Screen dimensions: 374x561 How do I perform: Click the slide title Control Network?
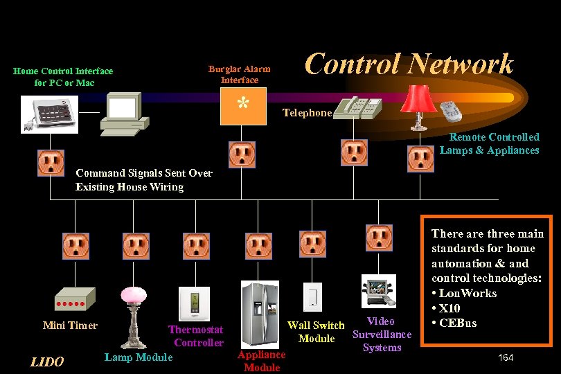pos(409,64)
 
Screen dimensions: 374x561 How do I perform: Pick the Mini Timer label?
pos(70,326)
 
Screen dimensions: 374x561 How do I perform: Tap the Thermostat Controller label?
pos(197,337)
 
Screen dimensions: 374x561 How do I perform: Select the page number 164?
pos(506,357)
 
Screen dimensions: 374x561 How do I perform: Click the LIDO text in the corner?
pos(47,362)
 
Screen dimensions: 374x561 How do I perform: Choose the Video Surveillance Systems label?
pos(382,335)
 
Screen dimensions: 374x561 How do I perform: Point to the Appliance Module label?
pos(261,361)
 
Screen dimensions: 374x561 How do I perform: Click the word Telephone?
pos(307,113)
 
